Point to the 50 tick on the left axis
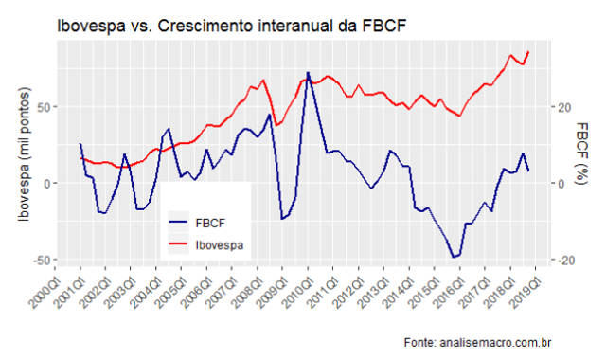[45, 107]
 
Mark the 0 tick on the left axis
[48, 183]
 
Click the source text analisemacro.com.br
[493, 338]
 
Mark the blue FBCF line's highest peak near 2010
[308, 72]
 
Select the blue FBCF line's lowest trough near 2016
[454, 257]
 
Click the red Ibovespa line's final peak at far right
[528, 52]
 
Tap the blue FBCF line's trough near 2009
[281, 219]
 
